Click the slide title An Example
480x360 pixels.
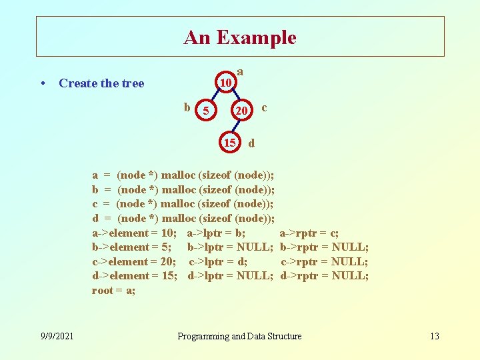click(x=240, y=37)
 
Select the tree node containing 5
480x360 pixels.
click(x=207, y=111)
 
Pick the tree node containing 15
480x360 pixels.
click(x=229, y=143)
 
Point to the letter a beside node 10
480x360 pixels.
click(x=240, y=71)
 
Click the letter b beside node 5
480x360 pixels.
click(x=187, y=107)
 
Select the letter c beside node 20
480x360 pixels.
click(x=265, y=107)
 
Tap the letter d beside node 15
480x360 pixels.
click(x=251, y=143)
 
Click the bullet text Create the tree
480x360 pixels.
click(x=101, y=83)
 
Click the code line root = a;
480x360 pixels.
click(x=114, y=291)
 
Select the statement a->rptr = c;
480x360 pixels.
click(x=309, y=233)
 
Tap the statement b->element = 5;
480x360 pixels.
click(x=131, y=247)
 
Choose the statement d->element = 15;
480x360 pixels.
click(x=134, y=275)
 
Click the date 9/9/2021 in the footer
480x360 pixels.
click(x=57, y=336)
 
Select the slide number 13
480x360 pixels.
click(x=434, y=336)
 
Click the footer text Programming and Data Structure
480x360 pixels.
click(x=239, y=336)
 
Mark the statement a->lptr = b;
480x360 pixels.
click(x=216, y=233)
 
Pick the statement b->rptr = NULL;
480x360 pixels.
click(x=324, y=247)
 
